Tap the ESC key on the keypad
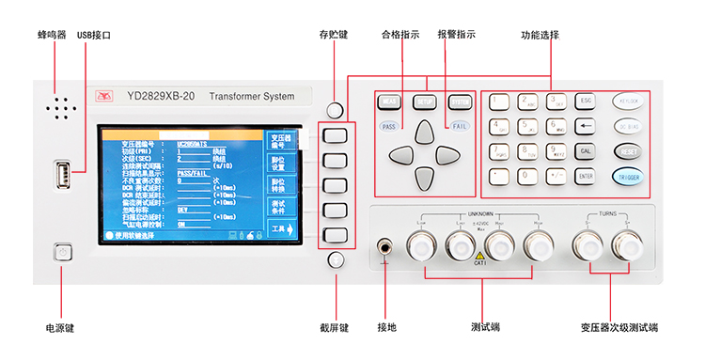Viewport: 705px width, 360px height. pyautogui.click(x=586, y=101)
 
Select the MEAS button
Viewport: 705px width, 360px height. pyautogui.click(x=389, y=102)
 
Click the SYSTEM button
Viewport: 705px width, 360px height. pyautogui.click(x=458, y=102)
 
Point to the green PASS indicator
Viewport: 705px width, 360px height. pyautogui.click(x=389, y=125)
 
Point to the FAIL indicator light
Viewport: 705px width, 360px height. pyautogui.click(x=458, y=125)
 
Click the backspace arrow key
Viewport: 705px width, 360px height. pyautogui.click(x=586, y=125)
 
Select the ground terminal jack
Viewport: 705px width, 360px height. pyautogui.click(x=385, y=248)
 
